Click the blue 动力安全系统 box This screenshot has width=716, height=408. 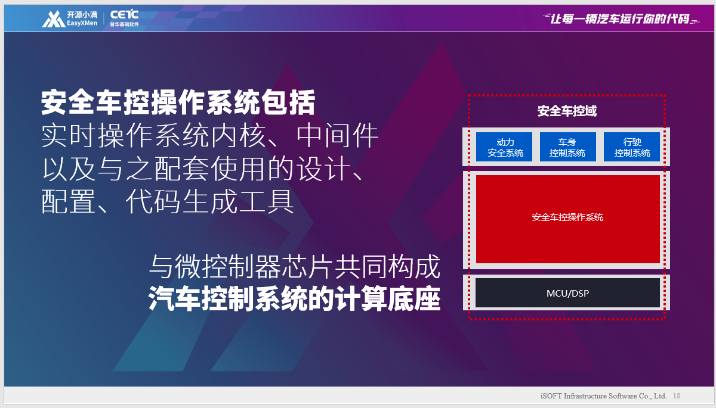[504, 147]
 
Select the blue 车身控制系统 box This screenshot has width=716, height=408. [567, 147]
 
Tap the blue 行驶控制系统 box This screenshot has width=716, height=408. [632, 147]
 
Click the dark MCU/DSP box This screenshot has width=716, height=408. [567, 293]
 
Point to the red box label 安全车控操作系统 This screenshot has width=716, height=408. [567, 217]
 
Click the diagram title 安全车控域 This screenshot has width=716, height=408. [567, 111]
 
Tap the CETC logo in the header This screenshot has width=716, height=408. [124, 15]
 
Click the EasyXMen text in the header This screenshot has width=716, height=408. [82, 23]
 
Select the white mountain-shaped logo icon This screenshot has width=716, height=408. [54, 19]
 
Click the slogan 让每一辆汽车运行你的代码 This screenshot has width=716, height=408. [619, 18]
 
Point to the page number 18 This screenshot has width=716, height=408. [677, 396]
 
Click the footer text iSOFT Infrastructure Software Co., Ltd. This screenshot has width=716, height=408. [603, 396]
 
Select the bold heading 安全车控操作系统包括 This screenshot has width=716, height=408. [178, 102]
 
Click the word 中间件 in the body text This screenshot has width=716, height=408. [337, 136]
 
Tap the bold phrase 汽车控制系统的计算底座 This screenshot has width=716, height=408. [294, 298]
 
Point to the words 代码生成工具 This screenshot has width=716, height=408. [209, 201]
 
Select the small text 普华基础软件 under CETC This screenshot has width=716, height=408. [124, 24]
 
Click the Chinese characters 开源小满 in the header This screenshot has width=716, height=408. [82, 15]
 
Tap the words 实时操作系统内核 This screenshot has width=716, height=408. [153, 136]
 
